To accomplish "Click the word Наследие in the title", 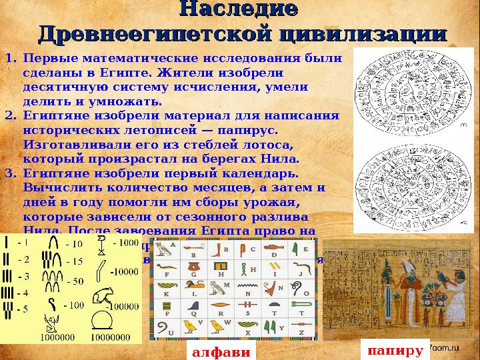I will pos(239,11).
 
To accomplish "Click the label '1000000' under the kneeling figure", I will pos(57,337).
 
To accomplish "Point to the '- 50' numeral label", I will pos(73,281).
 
